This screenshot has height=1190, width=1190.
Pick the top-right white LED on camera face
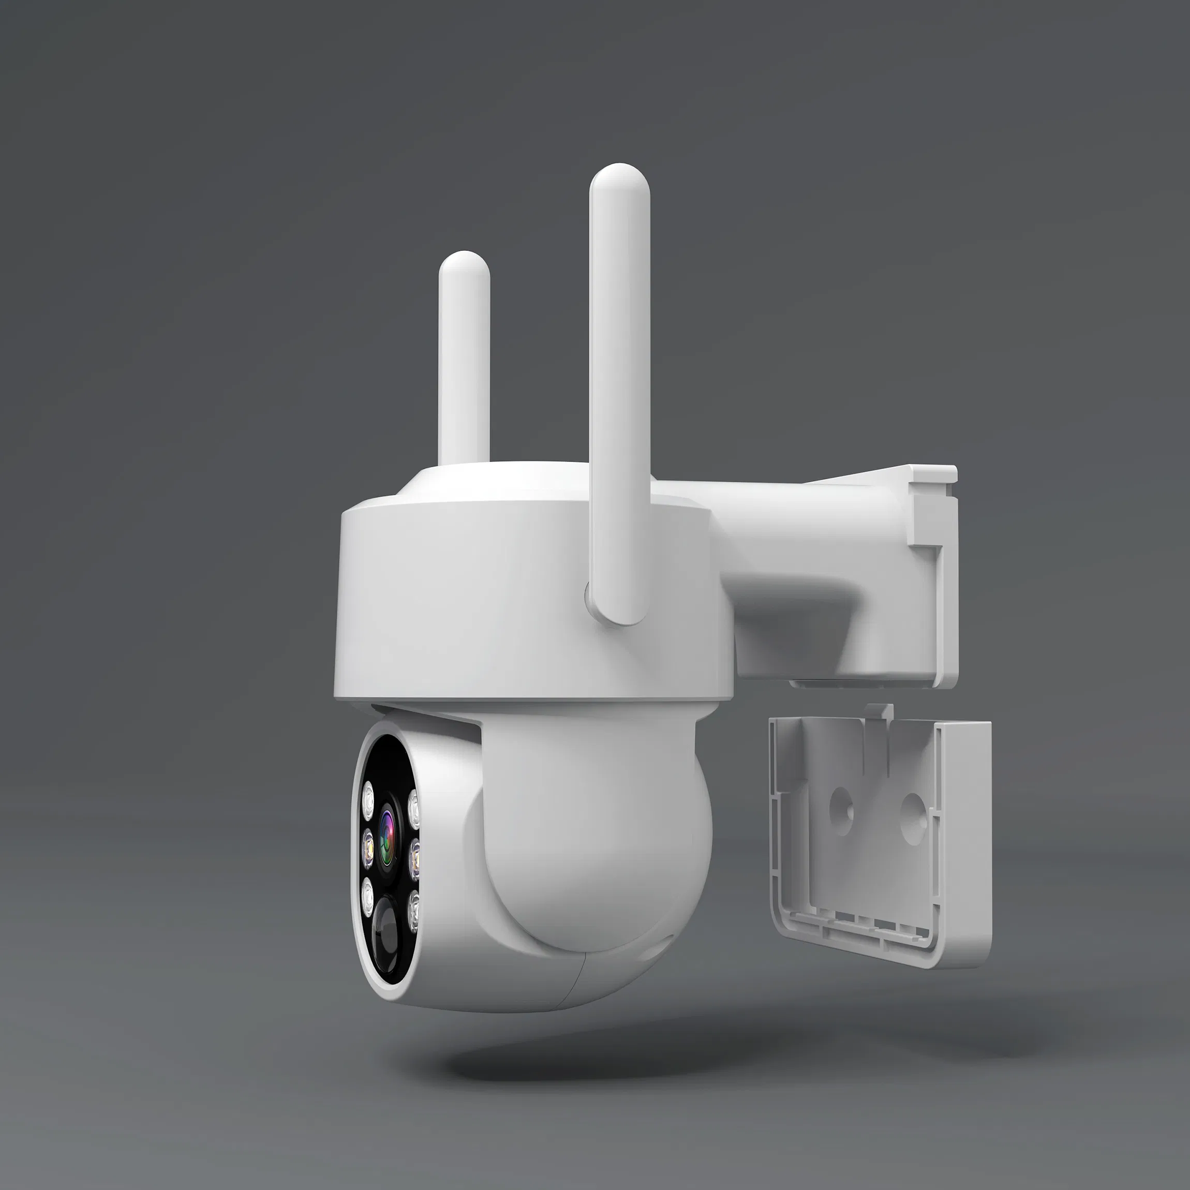coord(413,809)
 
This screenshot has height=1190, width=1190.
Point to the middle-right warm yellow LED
coord(414,857)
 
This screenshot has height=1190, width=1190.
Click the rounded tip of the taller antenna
coord(619,178)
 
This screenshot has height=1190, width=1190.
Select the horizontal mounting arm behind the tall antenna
coord(801,542)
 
